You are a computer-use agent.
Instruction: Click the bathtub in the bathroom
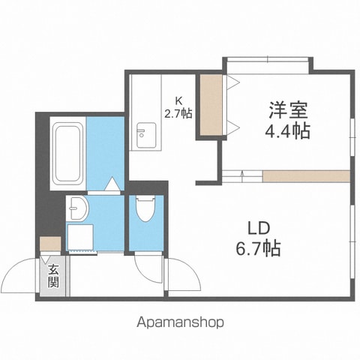(x=67, y=153)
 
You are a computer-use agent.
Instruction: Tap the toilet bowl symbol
(x=145, y=208)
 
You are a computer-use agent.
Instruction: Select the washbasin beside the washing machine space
(x=78, y=208)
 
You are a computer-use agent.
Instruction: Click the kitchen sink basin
(x=146, y=135)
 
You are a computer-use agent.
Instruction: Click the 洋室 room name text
(x=288, y=110)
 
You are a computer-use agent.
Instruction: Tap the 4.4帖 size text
(x=287, y=130)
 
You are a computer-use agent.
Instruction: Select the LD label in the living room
(x=259, y=228)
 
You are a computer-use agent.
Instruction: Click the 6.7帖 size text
(x=258, y=247)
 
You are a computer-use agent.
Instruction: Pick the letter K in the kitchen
(x=178, y=100)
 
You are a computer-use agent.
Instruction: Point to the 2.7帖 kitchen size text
(x=178, y=113)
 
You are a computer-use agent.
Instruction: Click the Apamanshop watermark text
(x=180, y=322)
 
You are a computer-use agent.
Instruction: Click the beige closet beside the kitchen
(x=211, y=105)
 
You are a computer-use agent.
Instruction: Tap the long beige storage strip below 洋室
(x=306, y=176)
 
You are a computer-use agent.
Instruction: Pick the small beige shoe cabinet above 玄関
(x=50, y=244)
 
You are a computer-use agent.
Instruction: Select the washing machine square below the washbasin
(x=80, y=237)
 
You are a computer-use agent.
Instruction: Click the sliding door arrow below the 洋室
(x=242, y=176)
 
